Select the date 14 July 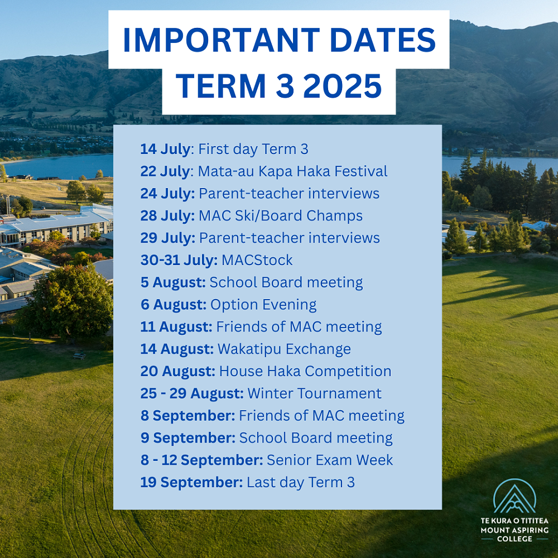[x=166, y=149]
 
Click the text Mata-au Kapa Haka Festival [x=292, y=171]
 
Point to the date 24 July [x=167, y=194]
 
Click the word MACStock [x=257, y=260]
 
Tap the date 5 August [x=173, y=282]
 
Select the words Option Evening [x=263, y=305]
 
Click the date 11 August [x=176, y=327]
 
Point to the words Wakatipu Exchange [x=285, y=349]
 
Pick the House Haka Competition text [x=305, y=371]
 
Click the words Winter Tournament [x=315, y=393]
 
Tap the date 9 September [x=188, y=438]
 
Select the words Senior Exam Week [x=330, y=460]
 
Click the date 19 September [x=191, y=483]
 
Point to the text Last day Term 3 [x=301, y=483]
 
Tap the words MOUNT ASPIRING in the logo [x=514, y=530]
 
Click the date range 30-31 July [x=179, y=260]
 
